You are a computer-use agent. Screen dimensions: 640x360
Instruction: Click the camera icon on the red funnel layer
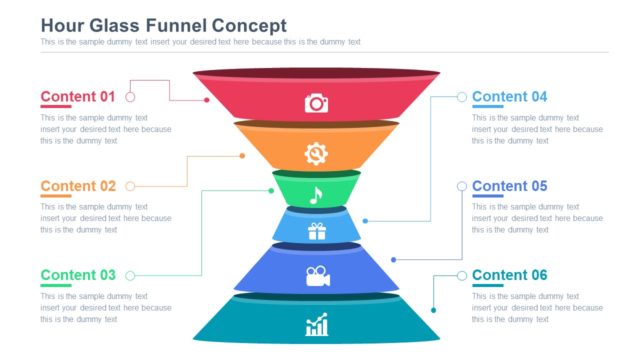click(317, 102)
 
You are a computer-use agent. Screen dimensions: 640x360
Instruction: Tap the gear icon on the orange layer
click(316, 153)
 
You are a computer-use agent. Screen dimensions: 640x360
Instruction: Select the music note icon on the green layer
click(316, 194)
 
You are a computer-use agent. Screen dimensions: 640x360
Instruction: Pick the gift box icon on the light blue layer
click(317, 232)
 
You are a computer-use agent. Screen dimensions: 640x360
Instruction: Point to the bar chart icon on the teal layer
click(317, 324)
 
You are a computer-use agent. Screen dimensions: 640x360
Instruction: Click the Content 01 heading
click(78, 97)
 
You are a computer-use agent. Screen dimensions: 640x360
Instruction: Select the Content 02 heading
click(78, 186)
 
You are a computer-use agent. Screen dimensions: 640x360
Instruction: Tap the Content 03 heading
click(78, 275)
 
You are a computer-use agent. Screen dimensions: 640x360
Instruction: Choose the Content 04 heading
click(510, 97)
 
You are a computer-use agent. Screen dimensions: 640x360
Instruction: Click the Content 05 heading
click(510, 186)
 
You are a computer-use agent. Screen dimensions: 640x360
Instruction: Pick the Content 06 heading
click(510, 275)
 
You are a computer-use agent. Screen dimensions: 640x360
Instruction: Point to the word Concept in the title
click(247, 25)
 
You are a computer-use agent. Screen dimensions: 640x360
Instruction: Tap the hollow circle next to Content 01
click(130, 97)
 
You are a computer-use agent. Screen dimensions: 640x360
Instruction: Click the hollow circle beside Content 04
click(462, 97)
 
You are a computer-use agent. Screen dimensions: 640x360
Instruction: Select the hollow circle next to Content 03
click(130, 276)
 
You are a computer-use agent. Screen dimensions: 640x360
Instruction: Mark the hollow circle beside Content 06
click(462, 276)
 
